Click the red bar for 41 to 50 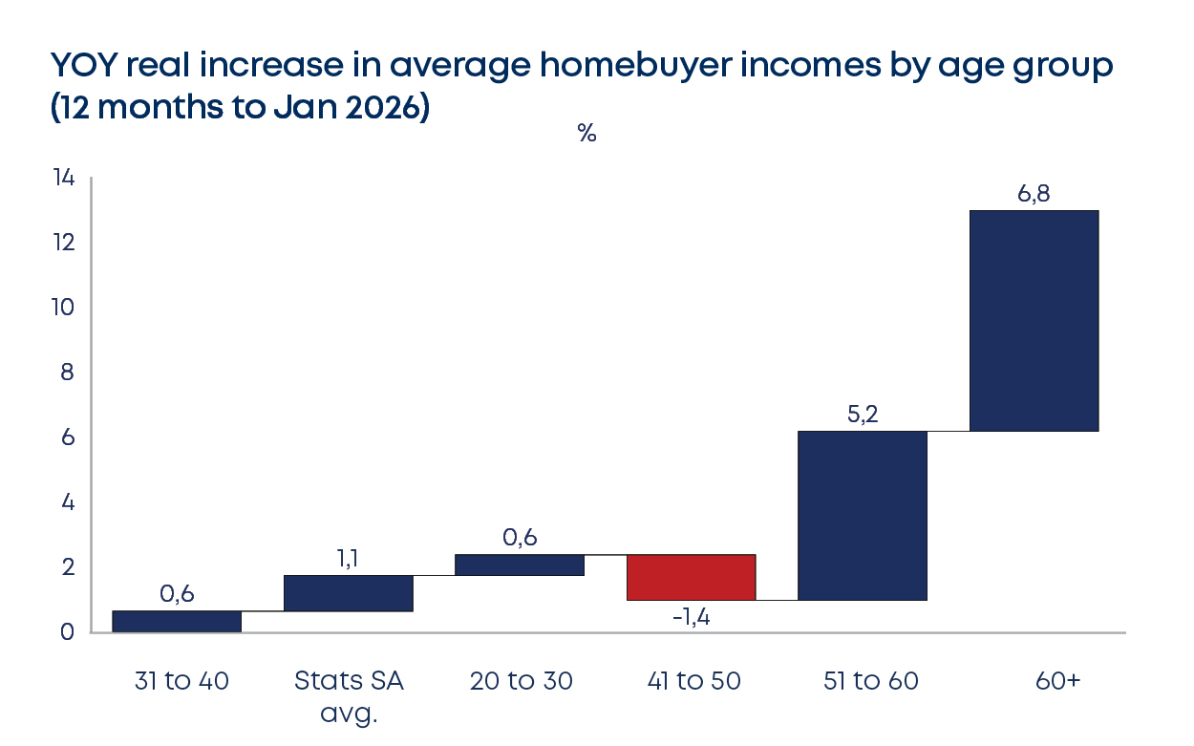tap(691, 577)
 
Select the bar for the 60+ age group tap(1034, 321)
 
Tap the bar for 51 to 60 tap(863, 515)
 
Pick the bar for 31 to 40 tap(177, 621)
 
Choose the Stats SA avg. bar tap(349, 593)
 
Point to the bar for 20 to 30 tap(520, 565)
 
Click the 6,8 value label tap(1034, 194)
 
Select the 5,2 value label tap(863, 415)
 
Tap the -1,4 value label tap(691, 616)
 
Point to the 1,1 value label tap(348, 559)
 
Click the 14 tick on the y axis tap(63, 178)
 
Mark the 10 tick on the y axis tap(63, 308)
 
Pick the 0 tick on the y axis tap(68, 632)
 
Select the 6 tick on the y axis tap(68, 437)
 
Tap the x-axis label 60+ tap(1057, 681)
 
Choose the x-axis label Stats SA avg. tap(349, 696)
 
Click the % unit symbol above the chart tap(586, 134)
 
